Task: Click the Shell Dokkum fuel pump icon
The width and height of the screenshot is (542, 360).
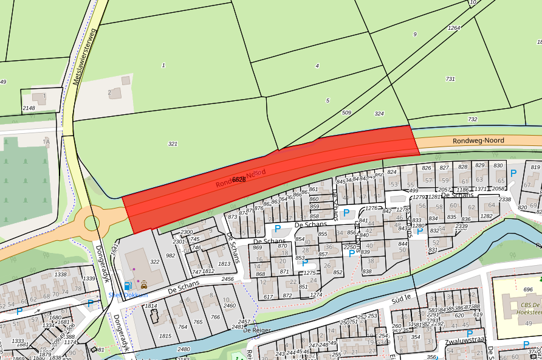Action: coord(128,285)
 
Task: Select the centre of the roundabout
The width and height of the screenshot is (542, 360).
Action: coord(92,223)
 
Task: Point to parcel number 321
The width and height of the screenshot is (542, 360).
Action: coord(173,144)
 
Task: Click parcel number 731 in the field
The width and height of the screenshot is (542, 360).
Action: coord(450,79)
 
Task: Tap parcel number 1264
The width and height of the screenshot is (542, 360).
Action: coord(454,28)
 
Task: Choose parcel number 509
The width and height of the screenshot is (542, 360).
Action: coord(346,112)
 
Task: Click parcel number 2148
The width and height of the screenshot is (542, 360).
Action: coord(29,108)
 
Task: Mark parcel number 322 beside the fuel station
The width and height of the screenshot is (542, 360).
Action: coord(154,261)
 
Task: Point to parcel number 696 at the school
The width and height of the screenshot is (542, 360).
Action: coord(528,289)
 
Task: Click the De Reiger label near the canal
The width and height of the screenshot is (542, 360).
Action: coord(256,330)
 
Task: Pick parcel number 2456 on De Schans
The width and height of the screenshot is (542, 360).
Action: coord(227,279)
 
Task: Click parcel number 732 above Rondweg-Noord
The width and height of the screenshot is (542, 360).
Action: coord(473,119)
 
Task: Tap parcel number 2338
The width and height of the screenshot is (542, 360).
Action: coord(504,199)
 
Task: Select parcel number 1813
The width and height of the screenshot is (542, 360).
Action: coord(225,264)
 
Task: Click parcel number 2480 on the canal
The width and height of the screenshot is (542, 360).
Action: coord(184,349)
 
